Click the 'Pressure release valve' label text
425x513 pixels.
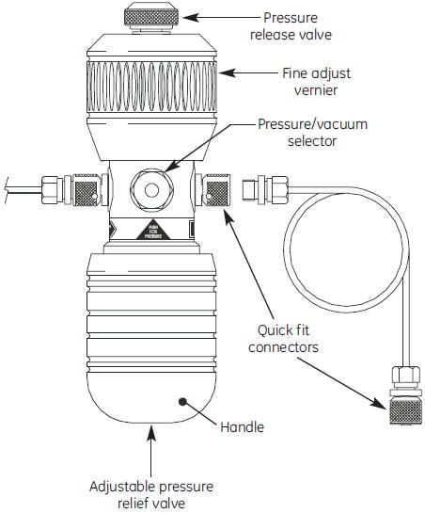point(304,26)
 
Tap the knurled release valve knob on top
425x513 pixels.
point(151,16)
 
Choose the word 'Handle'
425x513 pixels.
point(242,427)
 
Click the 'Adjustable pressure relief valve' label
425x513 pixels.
point(151,494)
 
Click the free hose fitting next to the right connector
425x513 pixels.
point(251,190)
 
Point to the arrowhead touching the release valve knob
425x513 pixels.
point(185,16)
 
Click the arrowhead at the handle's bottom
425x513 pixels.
point(151,431)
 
